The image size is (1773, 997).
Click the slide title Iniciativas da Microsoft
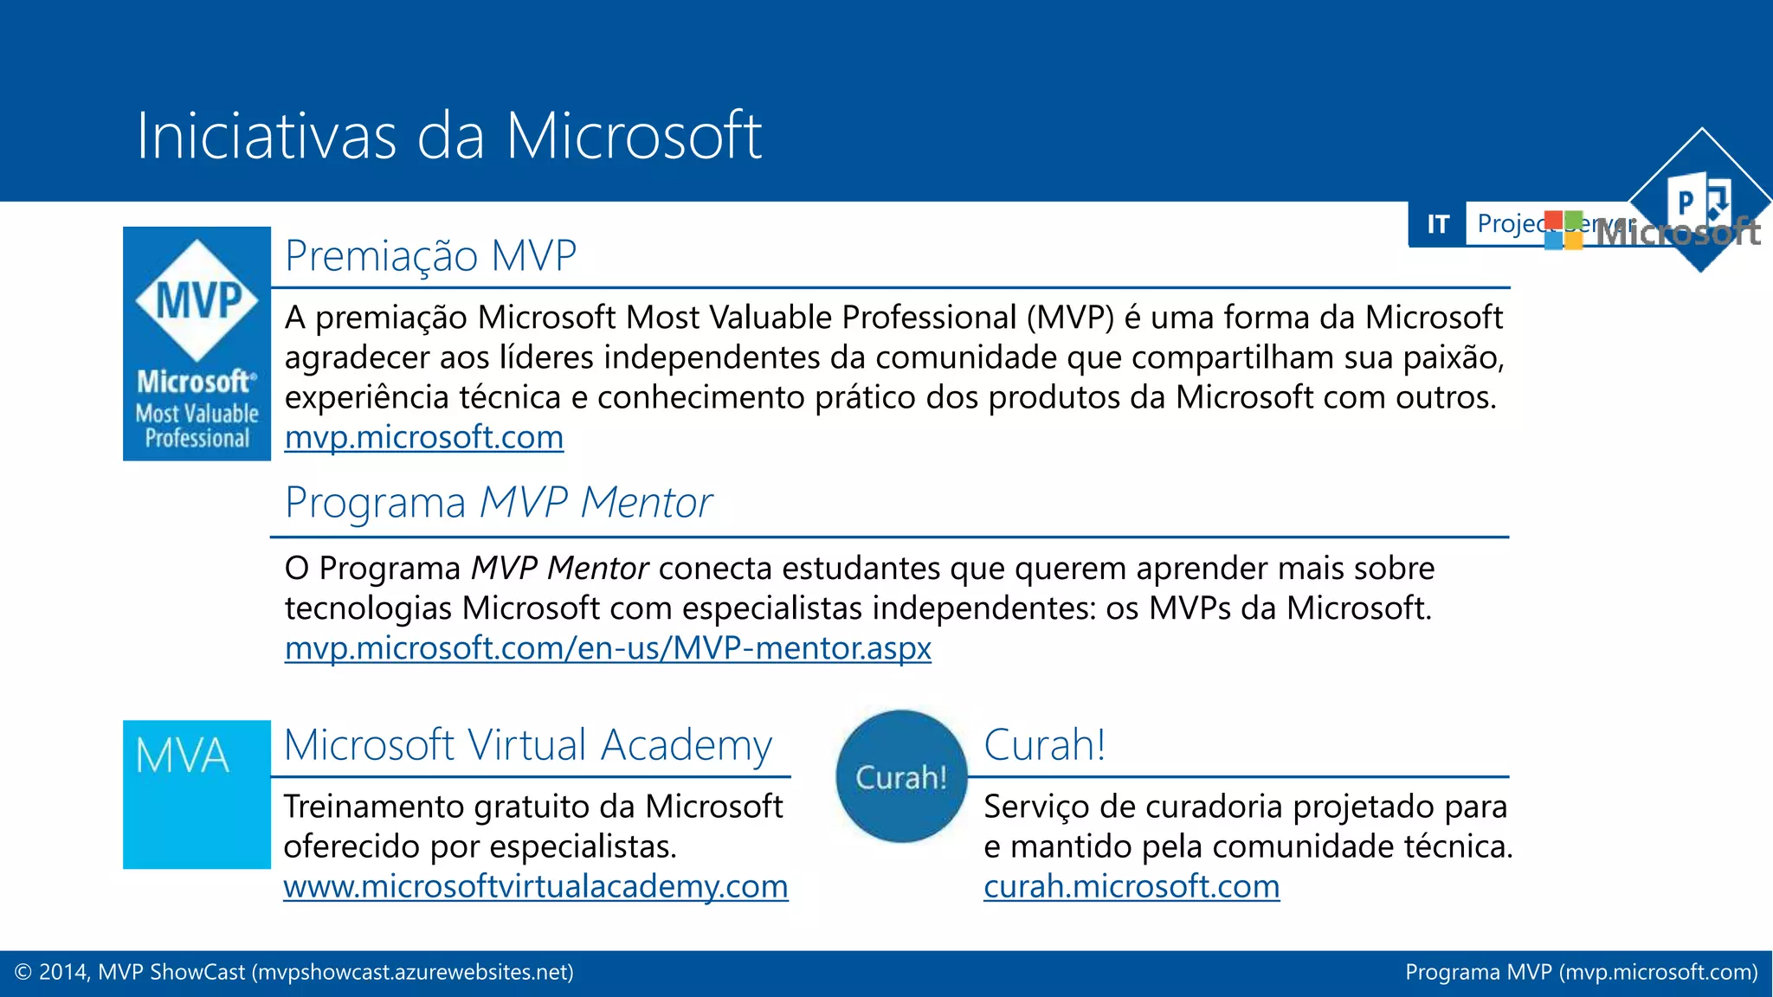[x=448, y=136]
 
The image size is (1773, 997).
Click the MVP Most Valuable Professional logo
[x=197, y=344]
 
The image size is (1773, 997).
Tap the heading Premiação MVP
[x=430, y=256]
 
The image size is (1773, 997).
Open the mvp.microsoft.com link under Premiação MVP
[x=424, y=438]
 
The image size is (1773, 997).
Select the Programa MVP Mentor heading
[x=498, y=503]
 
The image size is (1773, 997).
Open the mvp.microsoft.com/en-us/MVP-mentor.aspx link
[x=608, y=648]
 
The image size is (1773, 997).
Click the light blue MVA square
[x=197, y=794]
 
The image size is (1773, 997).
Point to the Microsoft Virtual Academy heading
[x=527, y=745]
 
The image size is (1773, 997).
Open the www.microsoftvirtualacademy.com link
[x=535, y=886]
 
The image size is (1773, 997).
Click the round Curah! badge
[x=901, y=776]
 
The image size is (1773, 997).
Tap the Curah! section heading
[x=1044, y=745]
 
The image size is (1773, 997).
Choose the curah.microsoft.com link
[x=1131, y=886]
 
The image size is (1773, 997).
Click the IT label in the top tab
[x=1437, y=225]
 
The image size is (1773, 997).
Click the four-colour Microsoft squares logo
[x=1563, y=230]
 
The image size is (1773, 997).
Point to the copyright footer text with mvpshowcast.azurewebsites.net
[x=294, y=973]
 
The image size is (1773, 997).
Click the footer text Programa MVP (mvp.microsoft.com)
[x=1581, y=973]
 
